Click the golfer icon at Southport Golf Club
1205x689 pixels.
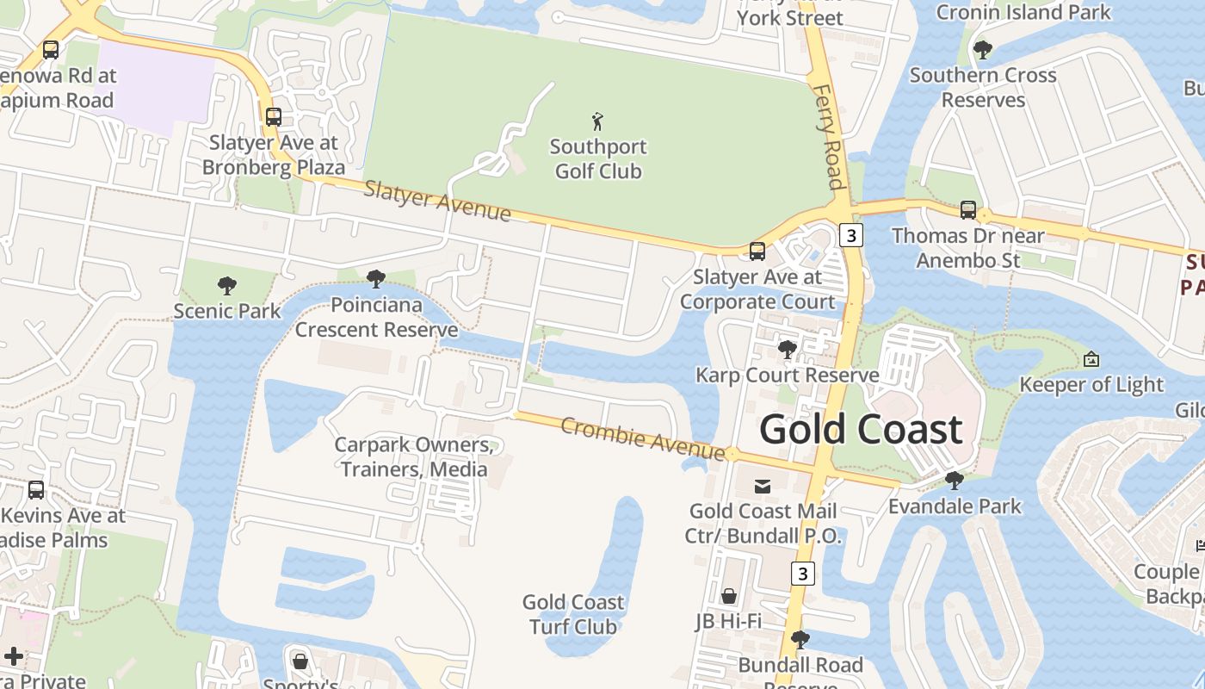pos(598,121)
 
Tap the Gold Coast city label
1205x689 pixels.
pos(860,429)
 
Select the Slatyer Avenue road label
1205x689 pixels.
pos(437,201)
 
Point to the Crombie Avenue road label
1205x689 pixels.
pos(642,438)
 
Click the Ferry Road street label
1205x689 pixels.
pos(827,136)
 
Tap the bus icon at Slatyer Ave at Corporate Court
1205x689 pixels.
pos(757,251)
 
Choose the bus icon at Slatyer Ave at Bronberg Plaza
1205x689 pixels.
pos(274,117)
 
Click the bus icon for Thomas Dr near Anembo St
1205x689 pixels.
pos(968,210)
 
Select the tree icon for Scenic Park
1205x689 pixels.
pos(227,285)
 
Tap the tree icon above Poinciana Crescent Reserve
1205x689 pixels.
pos(375,279)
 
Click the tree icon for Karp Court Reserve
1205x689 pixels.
pos(787,350)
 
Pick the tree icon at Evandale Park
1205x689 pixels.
pos(954,481)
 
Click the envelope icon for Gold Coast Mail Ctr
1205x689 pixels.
pos(763,487)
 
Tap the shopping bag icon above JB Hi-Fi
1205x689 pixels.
pos(729,596)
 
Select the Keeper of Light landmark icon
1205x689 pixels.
pos(1091,359)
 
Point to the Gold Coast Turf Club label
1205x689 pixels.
pos(573,614)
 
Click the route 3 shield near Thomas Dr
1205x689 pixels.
pos(850,235)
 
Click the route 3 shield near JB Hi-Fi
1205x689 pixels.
pos(802,574)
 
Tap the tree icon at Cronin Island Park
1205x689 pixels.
pos(983,50)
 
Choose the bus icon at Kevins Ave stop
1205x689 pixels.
pos(36,490)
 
